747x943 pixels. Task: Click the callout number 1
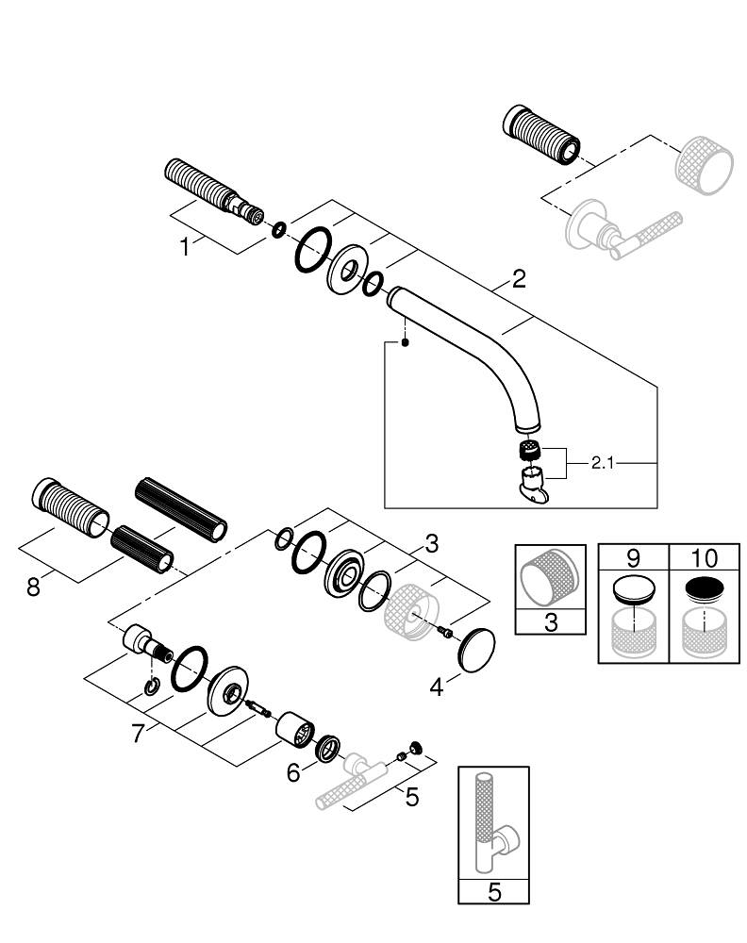click(186, 247)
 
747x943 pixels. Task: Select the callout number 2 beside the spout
click(519, 279)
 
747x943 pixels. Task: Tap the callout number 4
click(436, 688)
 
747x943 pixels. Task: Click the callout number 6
click(293, 772)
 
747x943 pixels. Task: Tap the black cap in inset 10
click(704, 589)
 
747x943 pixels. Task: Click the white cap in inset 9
click(633, 591)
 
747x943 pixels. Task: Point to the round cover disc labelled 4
click(476, 649)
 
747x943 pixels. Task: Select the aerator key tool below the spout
click(533, 482)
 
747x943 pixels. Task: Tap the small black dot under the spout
click(405, 343)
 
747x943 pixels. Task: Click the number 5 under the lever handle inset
click(493, 892)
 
